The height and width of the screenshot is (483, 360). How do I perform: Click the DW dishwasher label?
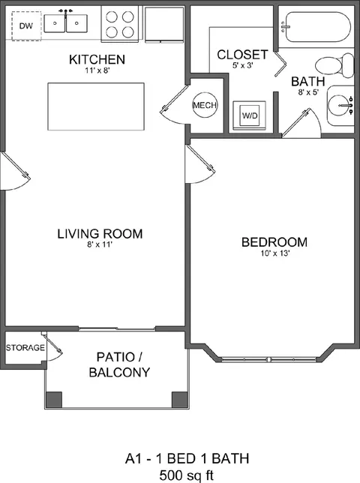(25, 25)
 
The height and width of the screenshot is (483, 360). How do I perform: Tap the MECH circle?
(205, 105)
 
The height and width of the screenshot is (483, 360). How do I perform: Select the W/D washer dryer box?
(250, 115)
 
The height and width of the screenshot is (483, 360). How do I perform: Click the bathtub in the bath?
(318, 27)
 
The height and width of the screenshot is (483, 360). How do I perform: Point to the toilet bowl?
(328, 65)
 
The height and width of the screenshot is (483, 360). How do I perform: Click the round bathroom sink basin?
(339, 105)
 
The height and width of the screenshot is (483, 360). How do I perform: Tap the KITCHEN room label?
(97, 59)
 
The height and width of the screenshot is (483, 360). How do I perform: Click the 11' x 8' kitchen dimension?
(97, 70)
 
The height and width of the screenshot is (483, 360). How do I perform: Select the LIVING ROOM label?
(100, 234)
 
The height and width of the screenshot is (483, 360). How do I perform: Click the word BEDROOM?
(274, 242)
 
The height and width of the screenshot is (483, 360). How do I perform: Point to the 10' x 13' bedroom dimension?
(274, 253)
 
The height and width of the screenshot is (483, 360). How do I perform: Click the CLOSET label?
(242, 55)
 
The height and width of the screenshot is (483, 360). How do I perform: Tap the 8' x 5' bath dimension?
(308, 92)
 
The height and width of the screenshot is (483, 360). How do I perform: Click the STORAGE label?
(25, 348)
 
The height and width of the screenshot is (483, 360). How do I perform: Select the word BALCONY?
(119, 373)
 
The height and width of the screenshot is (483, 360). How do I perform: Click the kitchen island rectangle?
(96, 106)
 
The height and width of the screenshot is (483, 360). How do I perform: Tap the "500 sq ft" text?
(187, 475)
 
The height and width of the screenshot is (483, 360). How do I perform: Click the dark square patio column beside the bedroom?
(179, 400)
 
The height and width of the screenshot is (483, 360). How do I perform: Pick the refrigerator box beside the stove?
(164, 24)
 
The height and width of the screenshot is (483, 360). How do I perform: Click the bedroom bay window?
(270, 359)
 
